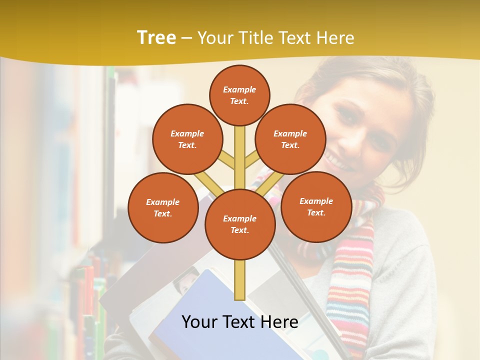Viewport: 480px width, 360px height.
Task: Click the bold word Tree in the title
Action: (x=156, y=38)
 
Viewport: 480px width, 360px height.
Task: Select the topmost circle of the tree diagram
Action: (x=239, y=95)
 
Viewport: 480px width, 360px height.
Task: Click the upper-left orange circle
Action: (x=187, y=139)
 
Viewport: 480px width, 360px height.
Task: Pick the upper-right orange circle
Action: (x=290, y=139)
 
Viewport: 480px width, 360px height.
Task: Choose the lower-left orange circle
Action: (x=163, y=207)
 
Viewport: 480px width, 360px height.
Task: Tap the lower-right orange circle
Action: (x=316, y=206)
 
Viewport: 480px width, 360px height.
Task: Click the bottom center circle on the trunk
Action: (x=239, y=224)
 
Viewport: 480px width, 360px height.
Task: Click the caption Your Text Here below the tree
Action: (x=239, y=322)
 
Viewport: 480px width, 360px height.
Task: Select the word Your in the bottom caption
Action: (x=199, y=322)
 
